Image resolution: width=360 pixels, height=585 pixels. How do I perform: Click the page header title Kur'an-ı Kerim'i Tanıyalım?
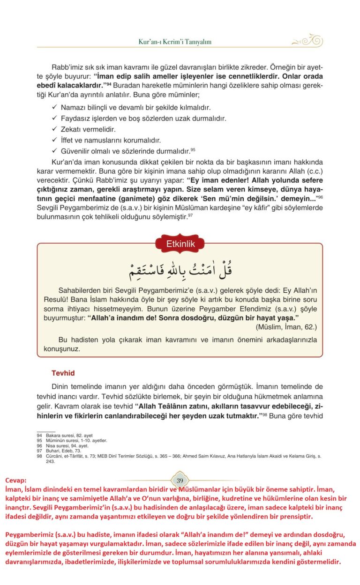[x=175, y=42]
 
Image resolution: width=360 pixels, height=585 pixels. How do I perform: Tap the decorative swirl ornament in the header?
[x=307, y=40]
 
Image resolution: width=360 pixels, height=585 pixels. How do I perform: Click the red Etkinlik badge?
[x=180, y=244]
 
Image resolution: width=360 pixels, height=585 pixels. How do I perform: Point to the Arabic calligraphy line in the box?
[x=180, y=270]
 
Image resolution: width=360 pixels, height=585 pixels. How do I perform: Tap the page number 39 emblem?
[x=180, y=480]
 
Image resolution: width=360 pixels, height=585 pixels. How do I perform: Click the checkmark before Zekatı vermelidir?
[x=54, y=129]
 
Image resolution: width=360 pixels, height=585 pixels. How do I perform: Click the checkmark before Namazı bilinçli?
[x=54, y=107]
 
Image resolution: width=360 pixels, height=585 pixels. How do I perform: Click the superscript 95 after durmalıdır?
[x=193, y=149]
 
